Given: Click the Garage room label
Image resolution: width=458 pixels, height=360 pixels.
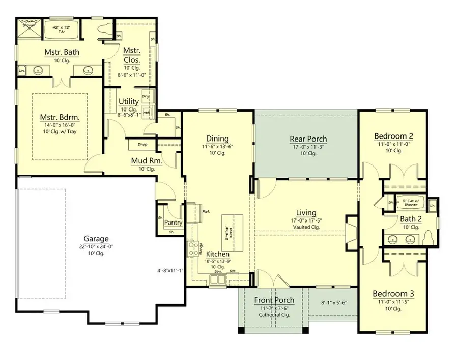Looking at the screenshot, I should click(97, 238).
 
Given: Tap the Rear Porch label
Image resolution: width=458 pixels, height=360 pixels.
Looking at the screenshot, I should click(308, 139).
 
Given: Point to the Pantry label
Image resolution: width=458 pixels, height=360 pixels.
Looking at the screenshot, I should click(174, 223).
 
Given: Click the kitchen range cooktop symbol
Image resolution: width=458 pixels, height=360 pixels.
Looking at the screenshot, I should click(194, 248).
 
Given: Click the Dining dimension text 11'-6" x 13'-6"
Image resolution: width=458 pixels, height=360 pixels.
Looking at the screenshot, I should click(217, 147).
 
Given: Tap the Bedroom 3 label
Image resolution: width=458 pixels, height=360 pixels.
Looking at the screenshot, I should click(393, 294).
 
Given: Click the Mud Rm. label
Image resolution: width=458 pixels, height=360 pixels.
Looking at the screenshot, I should click(147, 161).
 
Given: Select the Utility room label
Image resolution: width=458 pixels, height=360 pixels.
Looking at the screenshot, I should click(129, 102).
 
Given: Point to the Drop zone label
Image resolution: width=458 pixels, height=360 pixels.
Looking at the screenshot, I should click(143, 145).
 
